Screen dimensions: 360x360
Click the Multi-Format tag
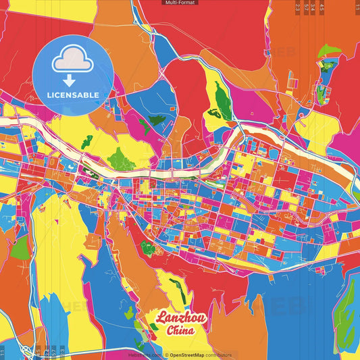180,3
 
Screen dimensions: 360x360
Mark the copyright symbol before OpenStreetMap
167,355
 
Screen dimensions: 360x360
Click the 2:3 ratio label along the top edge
297,7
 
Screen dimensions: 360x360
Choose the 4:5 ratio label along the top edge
322,7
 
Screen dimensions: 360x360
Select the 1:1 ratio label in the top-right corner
357,7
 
